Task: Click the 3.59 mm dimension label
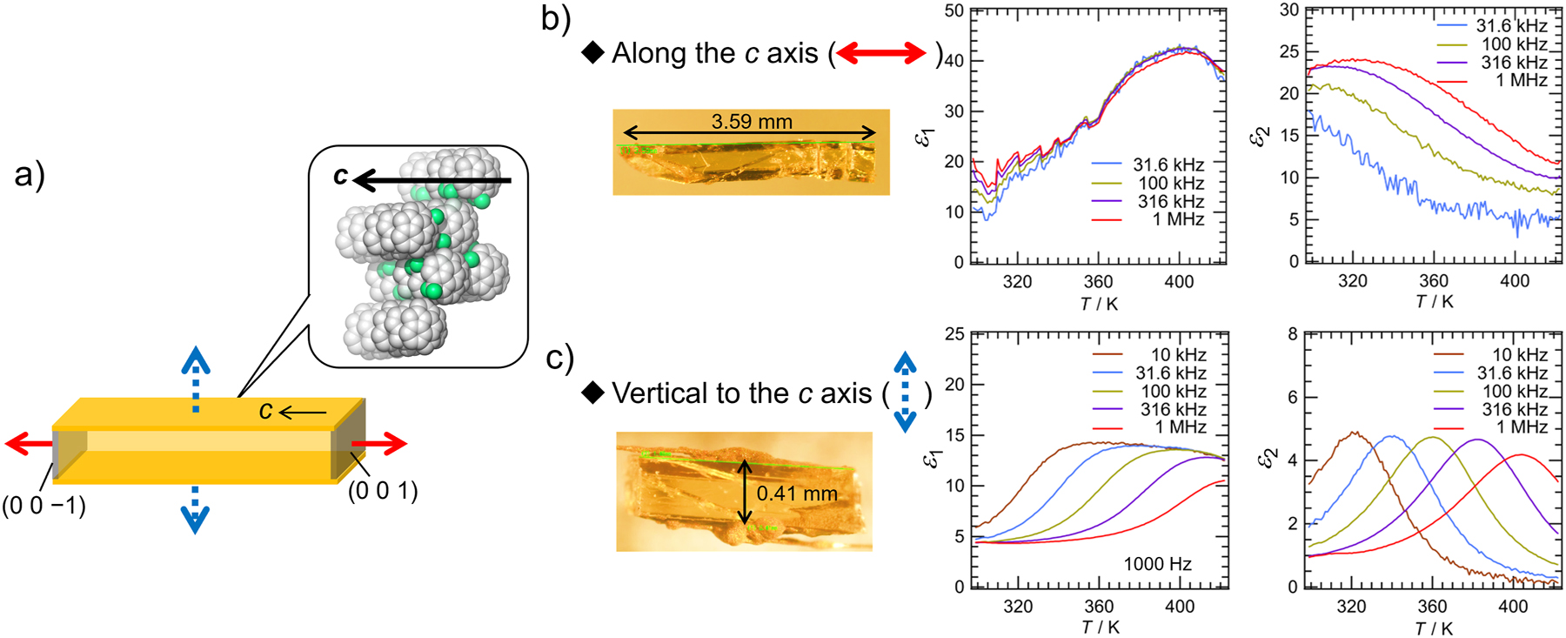point(752,121)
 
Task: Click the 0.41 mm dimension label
point(797,494)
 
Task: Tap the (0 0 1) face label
point(383,491)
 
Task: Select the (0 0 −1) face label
point(44,506)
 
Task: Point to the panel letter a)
point(30,175)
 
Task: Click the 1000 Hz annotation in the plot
point(1157,564)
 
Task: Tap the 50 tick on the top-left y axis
point(954,10)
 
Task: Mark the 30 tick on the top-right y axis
point(1289,10)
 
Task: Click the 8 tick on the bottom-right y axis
point(1293,334)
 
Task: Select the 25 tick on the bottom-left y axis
point(954,334)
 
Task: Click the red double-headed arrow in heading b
point(881,53)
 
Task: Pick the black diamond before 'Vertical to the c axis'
point(593,393)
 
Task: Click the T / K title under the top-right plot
point(1435,301)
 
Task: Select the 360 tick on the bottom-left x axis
point(1099,607)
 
